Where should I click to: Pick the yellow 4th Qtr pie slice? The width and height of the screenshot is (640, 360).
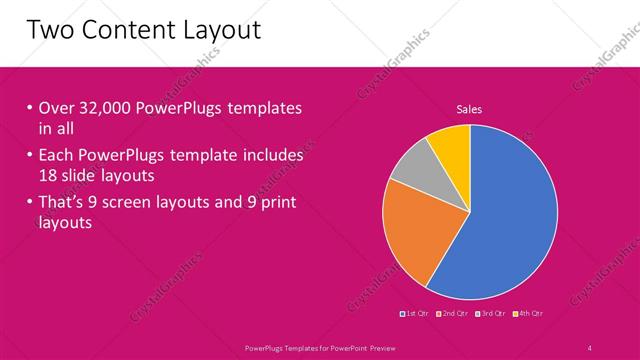(451, 146)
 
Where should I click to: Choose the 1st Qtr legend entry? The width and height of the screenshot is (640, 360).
(416, 314)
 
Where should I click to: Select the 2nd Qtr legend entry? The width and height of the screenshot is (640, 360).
(453, 314)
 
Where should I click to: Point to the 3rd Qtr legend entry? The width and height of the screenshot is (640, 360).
(491, 314)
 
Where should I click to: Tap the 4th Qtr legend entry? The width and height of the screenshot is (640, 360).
(528, 314)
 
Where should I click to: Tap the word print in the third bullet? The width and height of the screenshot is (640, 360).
(271, 204)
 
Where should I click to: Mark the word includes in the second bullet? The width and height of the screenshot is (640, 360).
(270, 156)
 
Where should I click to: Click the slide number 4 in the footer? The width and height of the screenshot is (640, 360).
(589, 348)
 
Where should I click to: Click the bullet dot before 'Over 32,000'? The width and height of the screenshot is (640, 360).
(30, 108)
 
